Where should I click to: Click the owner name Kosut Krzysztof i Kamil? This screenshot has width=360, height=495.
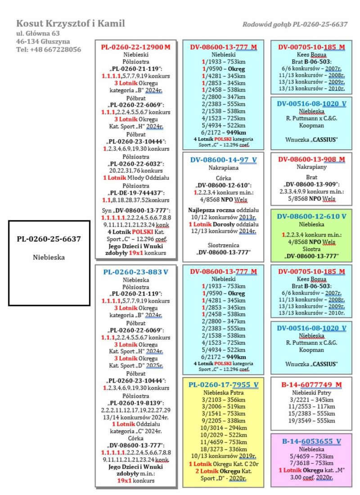coord(71,23)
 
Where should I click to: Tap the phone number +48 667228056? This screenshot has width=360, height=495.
coord(49,49)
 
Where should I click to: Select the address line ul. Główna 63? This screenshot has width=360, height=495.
coord(38,33)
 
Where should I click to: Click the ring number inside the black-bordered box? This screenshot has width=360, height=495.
coord(49,239)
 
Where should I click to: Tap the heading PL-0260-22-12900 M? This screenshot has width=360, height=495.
coord(135,47)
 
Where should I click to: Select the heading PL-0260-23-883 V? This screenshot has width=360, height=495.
coord(135,272)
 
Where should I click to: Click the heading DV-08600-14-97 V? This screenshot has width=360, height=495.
coord(223,159)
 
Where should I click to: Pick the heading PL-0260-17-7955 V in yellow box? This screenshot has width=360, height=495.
coord(223,384)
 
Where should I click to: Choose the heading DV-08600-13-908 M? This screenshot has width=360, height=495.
coord(311,159)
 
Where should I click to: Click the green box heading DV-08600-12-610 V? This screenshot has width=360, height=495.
coord(311,216)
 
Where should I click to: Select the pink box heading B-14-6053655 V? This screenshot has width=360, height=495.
coord(311,441)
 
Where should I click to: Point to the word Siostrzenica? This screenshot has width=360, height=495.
coord(223,245)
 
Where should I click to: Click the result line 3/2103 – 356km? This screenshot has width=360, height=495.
coord(223,400)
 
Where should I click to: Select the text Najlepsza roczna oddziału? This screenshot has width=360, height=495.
coord(223,210)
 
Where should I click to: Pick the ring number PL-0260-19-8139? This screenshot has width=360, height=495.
coord(135,403)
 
